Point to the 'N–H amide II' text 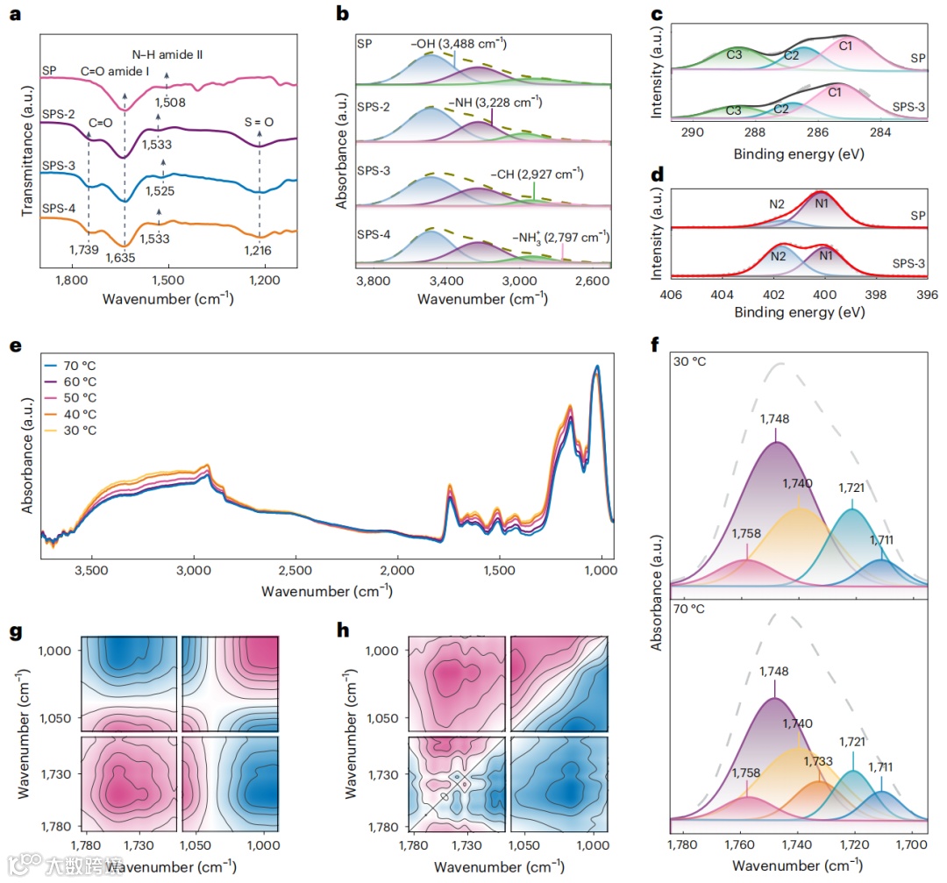click(x=167, y=53)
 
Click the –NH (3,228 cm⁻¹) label click(x=495, y=103)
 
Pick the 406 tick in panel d click(x=673, y=294)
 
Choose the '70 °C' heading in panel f click(x=689, y=607)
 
